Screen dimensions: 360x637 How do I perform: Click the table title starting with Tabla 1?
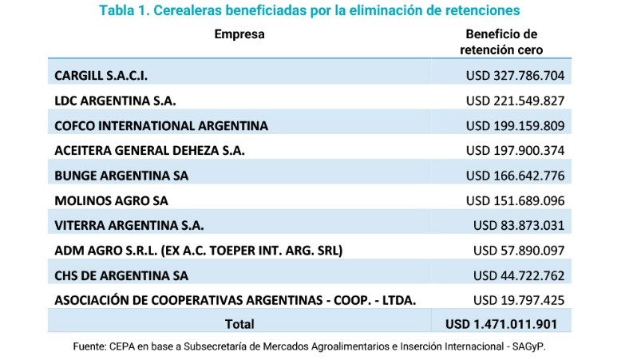[309, 10]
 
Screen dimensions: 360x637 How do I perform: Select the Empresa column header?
[239, 34]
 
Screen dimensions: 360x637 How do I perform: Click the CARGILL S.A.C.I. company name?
[101, 76]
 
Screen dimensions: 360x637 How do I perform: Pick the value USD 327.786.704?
[515, 76]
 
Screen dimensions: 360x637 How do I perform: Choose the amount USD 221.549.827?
[515, 101]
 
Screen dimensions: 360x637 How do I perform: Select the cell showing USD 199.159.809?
[515, 126]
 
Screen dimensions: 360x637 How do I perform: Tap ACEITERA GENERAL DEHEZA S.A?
[149, 151]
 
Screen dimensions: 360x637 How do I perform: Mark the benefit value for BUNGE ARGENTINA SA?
[515, 176]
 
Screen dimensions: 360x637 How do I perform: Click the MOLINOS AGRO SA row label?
[111, 200]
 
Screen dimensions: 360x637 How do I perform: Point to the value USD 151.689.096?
[515, 200]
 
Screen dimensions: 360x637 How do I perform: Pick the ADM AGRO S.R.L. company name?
[198, 250]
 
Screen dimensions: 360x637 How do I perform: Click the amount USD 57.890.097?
[519, 250]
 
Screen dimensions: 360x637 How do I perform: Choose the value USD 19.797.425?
[519, 300]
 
